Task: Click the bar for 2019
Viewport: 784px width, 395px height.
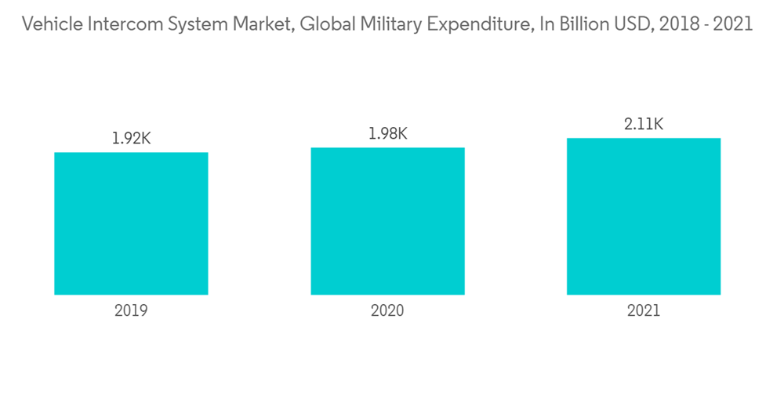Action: pyautogui.click(x=131, y=223)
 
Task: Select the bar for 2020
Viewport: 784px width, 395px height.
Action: pyautogui.click(x=387, y=221)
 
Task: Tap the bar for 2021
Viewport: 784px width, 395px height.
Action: pyautogui.click(x=644, y=216)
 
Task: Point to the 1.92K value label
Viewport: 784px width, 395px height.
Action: pyautogui.click(x=131, y=139)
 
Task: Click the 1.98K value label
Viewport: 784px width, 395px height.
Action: pyautogui.click(x=387, y=134)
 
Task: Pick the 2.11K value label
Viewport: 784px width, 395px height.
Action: pyautogui.click(x=644, y=124)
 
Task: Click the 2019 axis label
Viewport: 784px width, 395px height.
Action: pyautogui.click(x=131, y=310)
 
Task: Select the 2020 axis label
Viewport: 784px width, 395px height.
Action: pyautogui.click(x=387, y=310)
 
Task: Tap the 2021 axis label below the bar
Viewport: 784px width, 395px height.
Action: pyautogui.click(x=644, y=310)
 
